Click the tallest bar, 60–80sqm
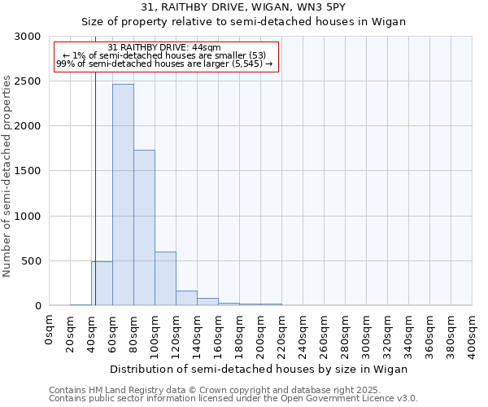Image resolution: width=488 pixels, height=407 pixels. click(x=123, y=195)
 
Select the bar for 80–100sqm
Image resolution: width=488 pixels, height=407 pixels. click(x=144, y=228)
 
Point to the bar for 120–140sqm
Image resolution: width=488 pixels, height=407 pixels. click(x=186, y=298)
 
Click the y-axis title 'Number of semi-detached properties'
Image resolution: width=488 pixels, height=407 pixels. click(x=7, y=176)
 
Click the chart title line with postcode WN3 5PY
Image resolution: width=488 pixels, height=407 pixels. click(x=243, y=7)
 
